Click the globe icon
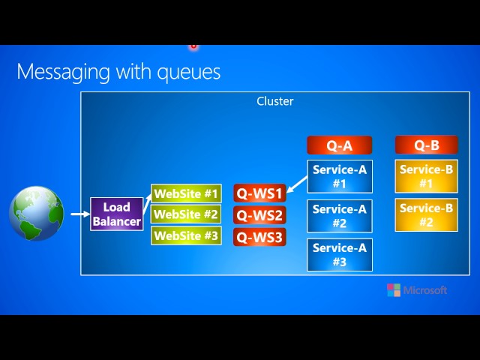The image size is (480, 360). (x=36, y=214)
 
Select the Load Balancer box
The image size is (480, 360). (x=116, y=214)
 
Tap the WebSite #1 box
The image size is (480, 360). (x=186, y=194)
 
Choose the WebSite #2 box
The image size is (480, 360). (x=186, y=215)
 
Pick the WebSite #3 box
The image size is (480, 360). (x=186, y=235)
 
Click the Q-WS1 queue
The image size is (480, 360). (x=259, y=194)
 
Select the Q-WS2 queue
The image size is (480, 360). (x=259, y=216)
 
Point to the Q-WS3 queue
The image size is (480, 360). (x=259, y=238)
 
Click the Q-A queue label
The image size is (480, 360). (x=339, y=145)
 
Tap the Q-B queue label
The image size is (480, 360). (x=426, y=145)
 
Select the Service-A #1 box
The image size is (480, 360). (x=339, y=177)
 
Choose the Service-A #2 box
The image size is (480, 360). (x=339, y=216)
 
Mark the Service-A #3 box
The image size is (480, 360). (x=339, y=255)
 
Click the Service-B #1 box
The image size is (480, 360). (x=426, y=177)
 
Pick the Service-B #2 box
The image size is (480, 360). (x=426, y=215)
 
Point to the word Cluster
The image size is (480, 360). (x=275, y=101)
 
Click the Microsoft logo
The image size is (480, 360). (x=417, y=290)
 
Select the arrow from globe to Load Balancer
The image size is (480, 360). (x=79, y=214)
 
